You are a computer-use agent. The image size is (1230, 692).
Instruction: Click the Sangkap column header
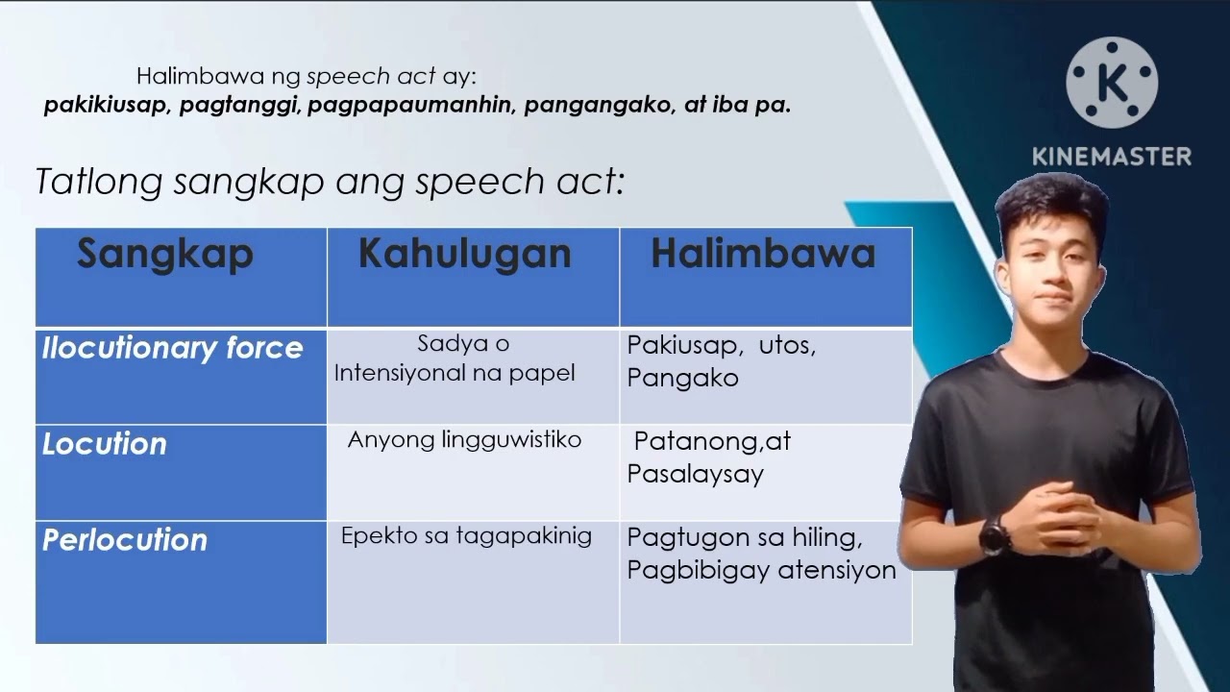[165, 255]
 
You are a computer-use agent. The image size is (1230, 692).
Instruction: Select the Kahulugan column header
[464, 255]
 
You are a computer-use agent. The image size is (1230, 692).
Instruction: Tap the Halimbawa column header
[763, 255]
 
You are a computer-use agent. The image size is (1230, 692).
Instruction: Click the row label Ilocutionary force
[172, 348]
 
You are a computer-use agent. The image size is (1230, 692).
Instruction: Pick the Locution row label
[105, 444]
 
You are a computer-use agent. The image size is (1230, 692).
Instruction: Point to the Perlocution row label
[125, 540]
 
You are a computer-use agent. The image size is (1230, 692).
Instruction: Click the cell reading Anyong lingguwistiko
[464, 440]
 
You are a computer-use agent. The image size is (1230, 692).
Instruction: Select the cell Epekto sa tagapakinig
[466, 536]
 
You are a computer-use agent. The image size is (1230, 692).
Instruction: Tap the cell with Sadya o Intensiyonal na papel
[455, 358]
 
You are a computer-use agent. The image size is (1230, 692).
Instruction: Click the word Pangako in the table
[683, 378]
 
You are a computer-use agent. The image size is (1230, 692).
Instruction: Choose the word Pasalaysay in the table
[695, 474]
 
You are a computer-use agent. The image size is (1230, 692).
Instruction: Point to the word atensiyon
[836, 570]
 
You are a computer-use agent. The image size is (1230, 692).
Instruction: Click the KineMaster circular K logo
[1112, 83]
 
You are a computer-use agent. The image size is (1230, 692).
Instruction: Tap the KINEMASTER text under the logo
[1112, 156]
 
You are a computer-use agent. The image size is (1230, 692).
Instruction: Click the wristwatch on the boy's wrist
[994, 533]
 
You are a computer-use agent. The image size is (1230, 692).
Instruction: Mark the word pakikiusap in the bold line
[107, 106]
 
